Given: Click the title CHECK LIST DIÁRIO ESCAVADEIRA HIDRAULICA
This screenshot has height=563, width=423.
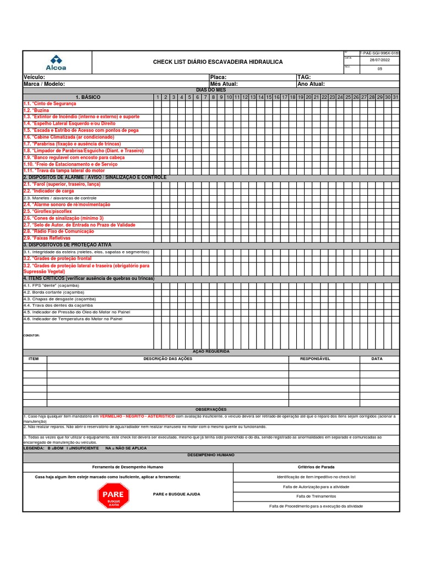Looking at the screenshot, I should point(218,62).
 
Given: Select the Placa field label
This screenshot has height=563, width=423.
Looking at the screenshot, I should point(218,78).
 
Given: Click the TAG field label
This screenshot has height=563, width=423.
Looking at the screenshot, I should point(304,78).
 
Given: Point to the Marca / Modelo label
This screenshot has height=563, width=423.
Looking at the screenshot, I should point(44,84).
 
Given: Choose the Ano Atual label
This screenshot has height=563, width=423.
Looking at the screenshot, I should point(311,84).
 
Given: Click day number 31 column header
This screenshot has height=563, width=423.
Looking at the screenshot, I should point(395,97).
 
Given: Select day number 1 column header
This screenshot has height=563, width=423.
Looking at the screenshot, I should point(158,97).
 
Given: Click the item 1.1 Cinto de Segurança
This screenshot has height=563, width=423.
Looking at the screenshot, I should point(50,104).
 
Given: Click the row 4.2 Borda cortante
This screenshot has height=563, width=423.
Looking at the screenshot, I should point(51,292).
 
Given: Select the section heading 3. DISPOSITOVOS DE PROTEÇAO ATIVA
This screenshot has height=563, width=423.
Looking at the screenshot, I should point(67,245).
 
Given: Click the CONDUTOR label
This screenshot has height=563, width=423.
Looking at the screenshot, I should point(31,335).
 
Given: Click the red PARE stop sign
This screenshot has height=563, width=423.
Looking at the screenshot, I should point(113,495).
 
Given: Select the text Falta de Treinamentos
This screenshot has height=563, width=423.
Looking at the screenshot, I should point(316,496).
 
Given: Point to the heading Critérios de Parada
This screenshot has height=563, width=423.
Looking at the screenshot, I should point(316,467).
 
